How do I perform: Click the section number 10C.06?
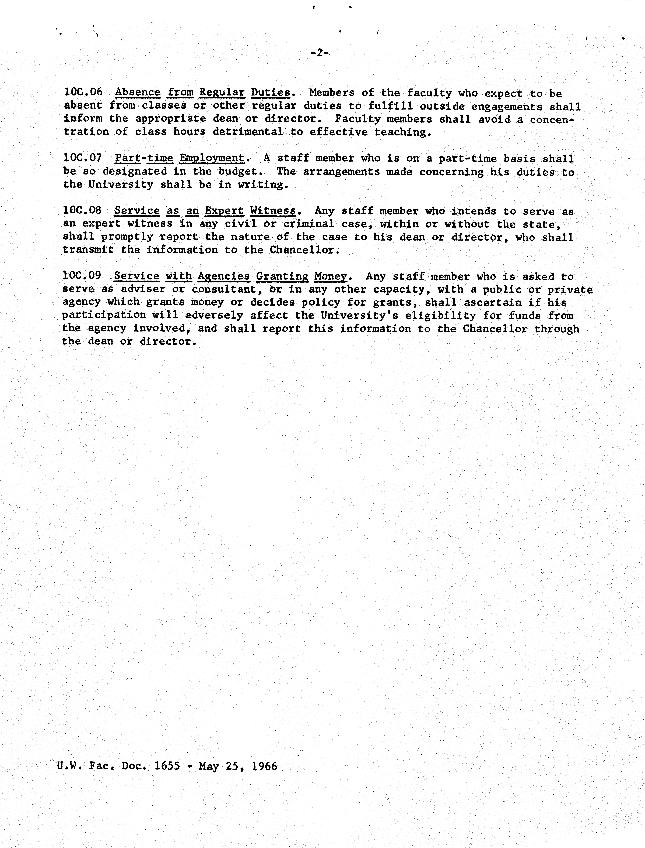click(83, 92)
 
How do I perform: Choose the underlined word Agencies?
click(224, 276)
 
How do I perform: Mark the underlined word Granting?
click(282, 276)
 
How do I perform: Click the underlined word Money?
click(330, 276)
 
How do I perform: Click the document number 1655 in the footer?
click(167, 766)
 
